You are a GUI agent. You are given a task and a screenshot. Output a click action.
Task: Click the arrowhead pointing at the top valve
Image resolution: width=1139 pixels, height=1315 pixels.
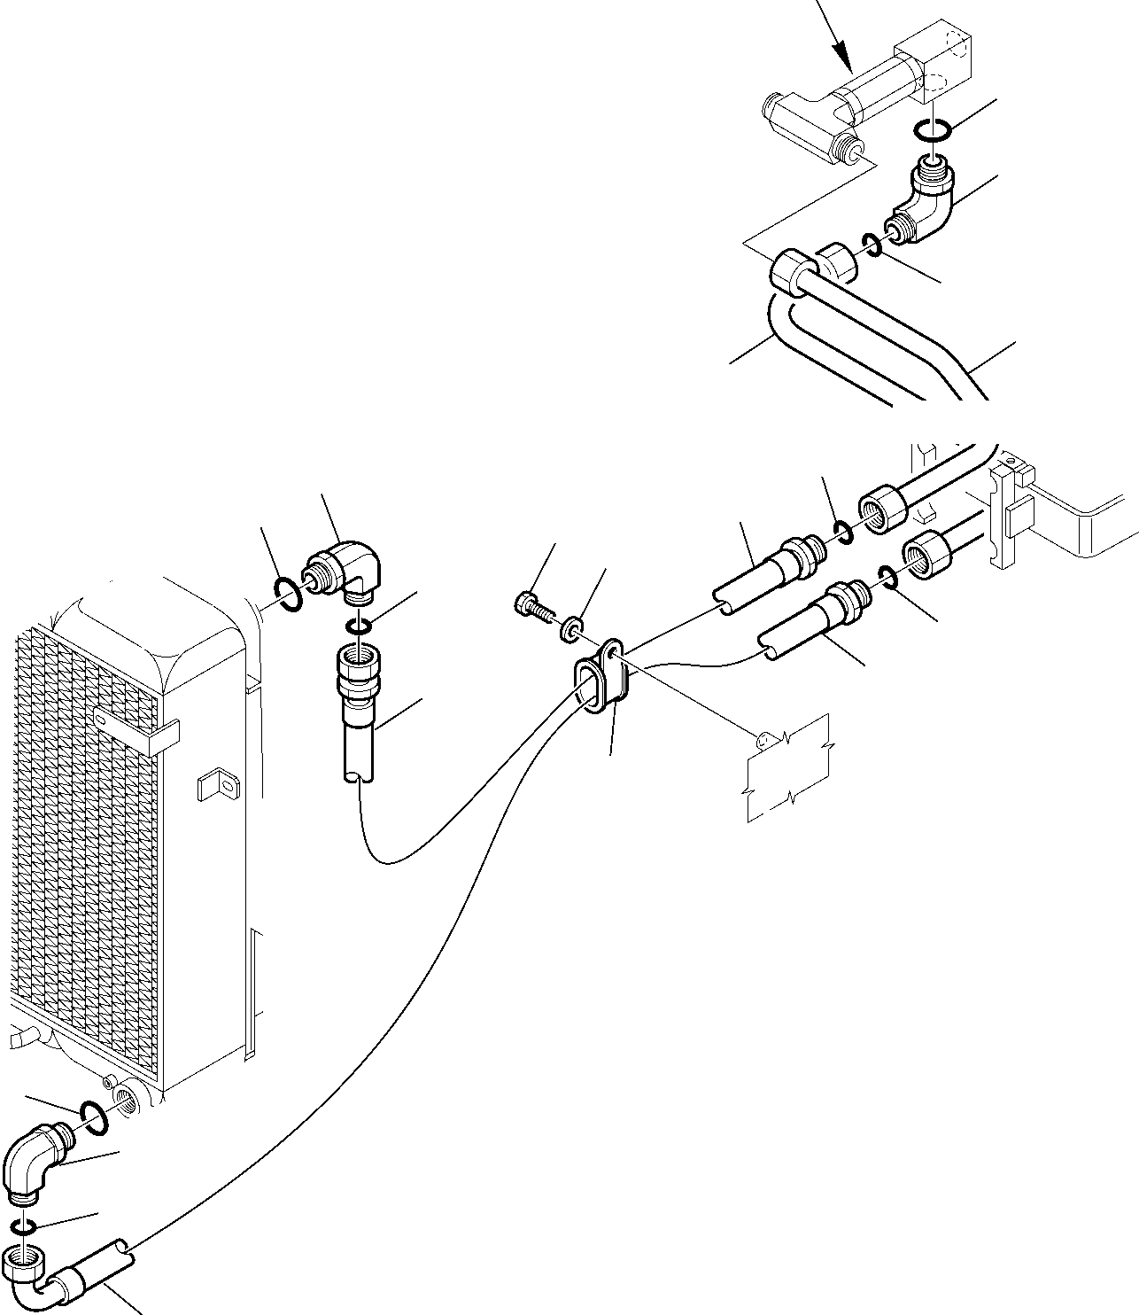point(847,66)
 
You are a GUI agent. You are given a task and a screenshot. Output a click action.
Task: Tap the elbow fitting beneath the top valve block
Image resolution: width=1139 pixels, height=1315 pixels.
point(926,203)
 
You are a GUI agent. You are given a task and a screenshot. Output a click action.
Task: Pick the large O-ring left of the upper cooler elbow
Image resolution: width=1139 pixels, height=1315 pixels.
point(288,594)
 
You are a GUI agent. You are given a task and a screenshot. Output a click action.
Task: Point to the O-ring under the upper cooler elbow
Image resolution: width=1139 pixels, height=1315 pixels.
point(359,627)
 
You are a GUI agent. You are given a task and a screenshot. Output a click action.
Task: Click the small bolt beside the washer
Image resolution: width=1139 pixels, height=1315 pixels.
point(530,607)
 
